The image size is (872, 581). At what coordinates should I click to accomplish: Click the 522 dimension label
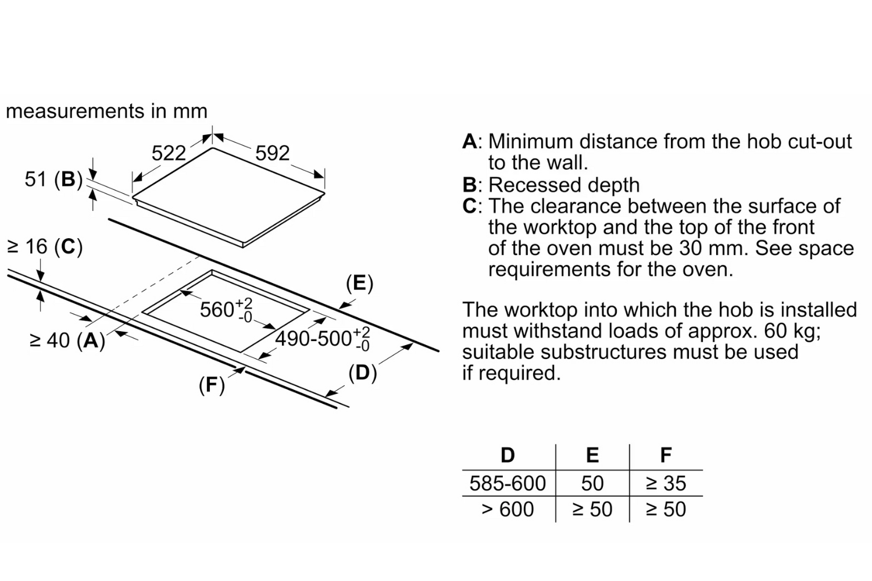point(169,153)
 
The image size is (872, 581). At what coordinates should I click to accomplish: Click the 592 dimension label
point(272,153)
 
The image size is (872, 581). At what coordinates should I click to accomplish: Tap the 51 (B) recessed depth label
point(53,180)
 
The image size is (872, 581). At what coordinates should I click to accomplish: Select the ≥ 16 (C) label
point(45,247)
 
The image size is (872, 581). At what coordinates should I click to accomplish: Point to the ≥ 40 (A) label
point(67,340)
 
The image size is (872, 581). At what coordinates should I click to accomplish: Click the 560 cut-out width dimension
point(226,310)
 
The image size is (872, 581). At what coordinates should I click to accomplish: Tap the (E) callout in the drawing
point(359,284)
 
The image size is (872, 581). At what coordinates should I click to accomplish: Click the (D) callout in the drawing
point(363,373)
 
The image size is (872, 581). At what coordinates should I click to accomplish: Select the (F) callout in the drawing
point(212,385)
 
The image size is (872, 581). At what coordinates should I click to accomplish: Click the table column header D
point(508,456)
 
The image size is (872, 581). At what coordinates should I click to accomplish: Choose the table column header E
point(592,456)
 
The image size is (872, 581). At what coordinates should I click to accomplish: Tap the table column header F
point(666,456)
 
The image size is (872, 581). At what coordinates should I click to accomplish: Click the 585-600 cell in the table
point(508,483)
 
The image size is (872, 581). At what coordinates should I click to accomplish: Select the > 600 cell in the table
point(508,510)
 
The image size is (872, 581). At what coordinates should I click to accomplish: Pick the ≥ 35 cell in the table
point(666,483)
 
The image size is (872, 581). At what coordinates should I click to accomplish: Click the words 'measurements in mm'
point(106,111)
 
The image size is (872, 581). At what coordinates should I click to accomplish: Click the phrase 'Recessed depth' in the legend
point(564,185)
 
